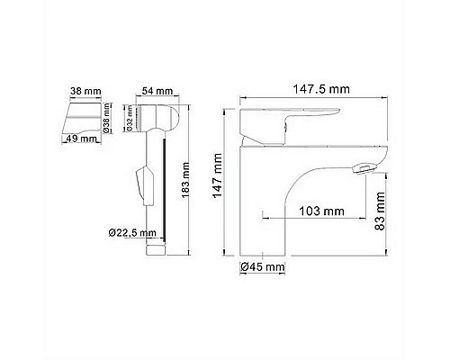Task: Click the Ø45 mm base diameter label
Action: click(x=263, y=266)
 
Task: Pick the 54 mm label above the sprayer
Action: click(x=156, y=91)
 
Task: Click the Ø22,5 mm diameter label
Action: click(x=134, y=233)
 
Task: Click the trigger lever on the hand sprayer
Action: click(x=138, y=184)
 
